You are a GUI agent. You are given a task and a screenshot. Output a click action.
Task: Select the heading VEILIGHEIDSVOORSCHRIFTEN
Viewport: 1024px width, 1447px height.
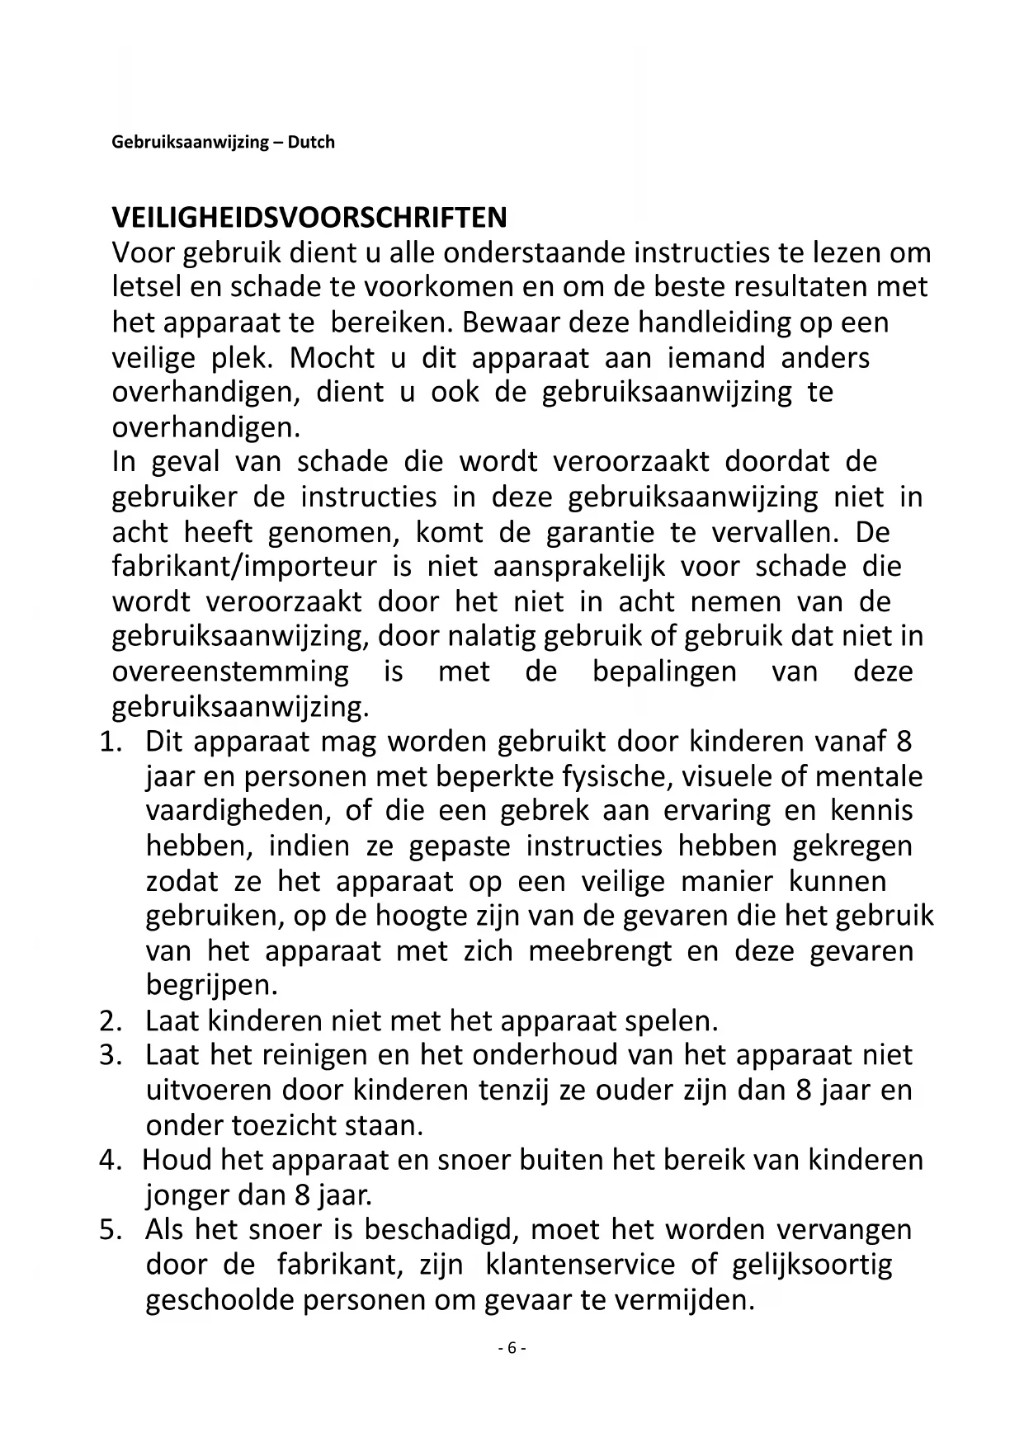[309, 218]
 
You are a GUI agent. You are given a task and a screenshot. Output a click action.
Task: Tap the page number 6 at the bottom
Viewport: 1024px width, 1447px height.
[512, 1348]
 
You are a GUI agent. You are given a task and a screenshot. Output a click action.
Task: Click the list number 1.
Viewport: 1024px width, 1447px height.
[111, 742]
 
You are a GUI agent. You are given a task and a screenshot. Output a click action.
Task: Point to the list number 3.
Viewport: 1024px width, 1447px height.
[111, 1055]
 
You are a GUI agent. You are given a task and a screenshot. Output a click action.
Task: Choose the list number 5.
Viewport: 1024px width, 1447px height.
[111, 1230]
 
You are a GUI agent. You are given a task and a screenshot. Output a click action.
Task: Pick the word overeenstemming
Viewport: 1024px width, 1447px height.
[230, 672]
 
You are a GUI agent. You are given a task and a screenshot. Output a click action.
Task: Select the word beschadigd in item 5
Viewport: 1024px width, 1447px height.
[441, 1230]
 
